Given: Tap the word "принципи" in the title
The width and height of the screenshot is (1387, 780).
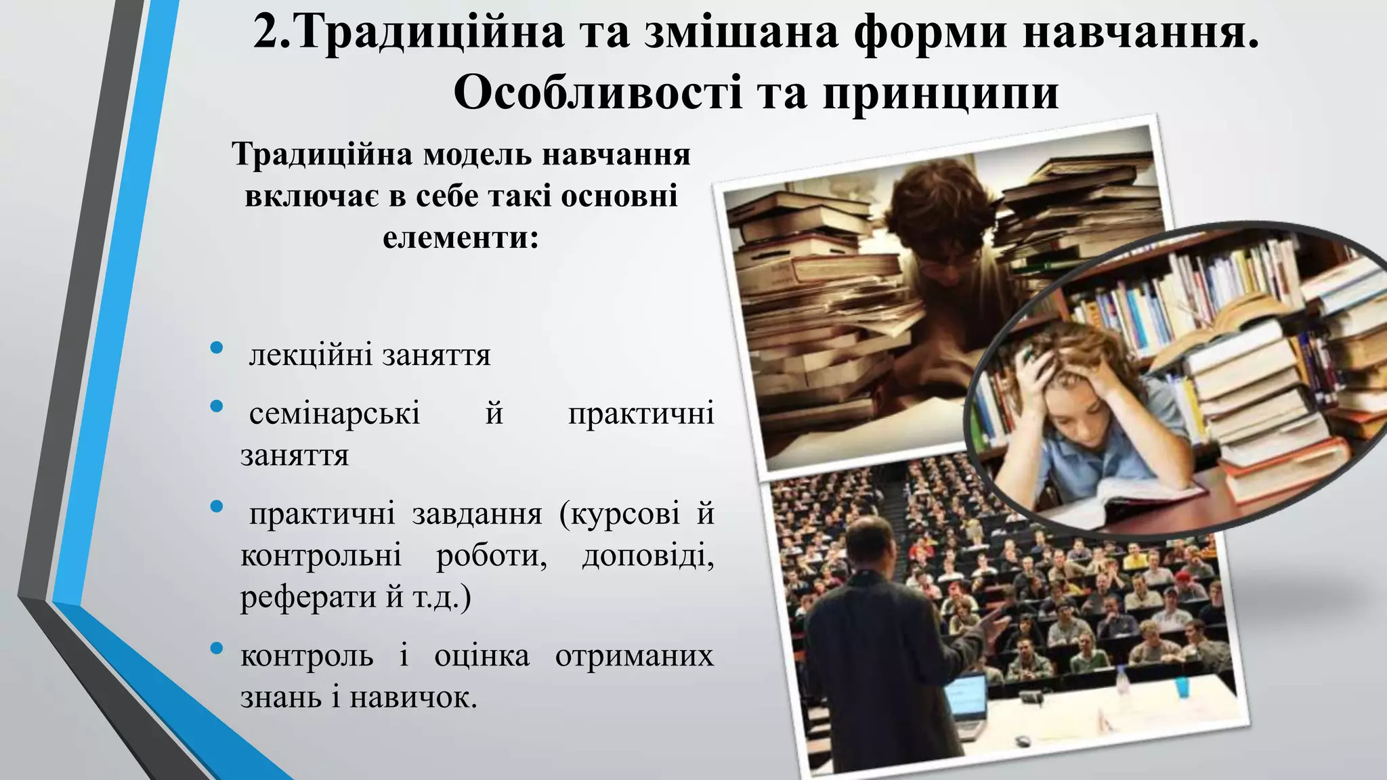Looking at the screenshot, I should click(941, 93).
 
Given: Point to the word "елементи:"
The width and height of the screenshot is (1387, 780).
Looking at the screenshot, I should click(461, 238).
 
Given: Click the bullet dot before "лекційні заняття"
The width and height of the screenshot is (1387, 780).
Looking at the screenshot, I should click(217, 348).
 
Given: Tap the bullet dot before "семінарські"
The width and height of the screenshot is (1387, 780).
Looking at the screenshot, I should click(217, 406).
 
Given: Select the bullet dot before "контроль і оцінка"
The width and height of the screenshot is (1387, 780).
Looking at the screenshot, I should click(217, 649).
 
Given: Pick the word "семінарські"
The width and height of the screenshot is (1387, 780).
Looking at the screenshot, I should click(335, 413).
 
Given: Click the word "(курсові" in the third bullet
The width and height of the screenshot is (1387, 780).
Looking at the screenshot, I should click(619, 514).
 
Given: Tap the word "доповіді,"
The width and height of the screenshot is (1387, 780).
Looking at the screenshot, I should click(647, 556).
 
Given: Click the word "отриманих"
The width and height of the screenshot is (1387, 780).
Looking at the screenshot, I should click(634, 655).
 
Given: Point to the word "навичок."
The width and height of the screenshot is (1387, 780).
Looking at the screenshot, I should click(413, 697).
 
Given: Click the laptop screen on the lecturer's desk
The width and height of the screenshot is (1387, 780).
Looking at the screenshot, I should click(964, 697).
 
